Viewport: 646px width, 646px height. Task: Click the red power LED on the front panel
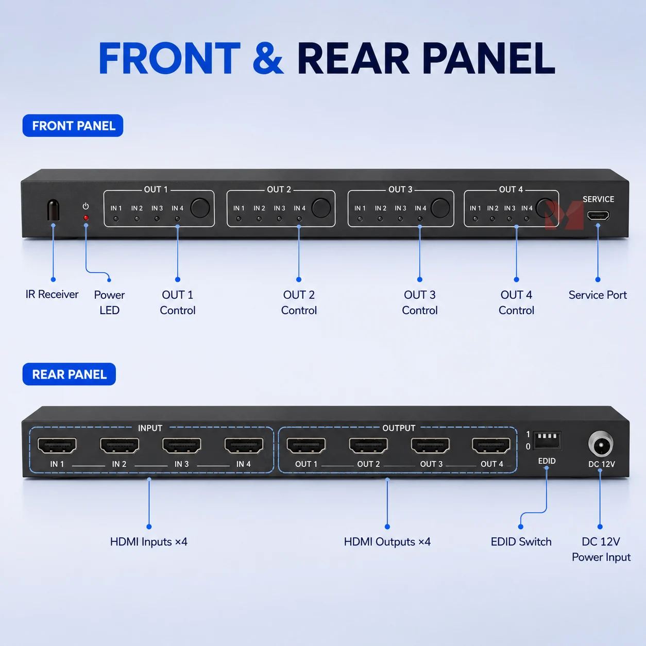86,218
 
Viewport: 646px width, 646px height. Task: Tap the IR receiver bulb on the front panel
53,210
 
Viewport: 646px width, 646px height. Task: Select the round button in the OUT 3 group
440,208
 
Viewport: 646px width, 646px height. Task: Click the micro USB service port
598,215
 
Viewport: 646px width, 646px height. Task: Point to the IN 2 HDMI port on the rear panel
120,446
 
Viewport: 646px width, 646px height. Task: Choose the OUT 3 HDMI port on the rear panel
430,446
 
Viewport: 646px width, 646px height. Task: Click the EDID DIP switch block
547,440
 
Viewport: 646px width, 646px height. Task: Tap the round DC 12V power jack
601,445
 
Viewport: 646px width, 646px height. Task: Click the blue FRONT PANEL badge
73,126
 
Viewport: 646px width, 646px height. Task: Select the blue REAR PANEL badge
69,374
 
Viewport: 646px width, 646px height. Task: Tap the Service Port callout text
598,295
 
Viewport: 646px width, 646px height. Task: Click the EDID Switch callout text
521,542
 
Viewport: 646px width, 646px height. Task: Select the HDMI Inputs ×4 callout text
149,542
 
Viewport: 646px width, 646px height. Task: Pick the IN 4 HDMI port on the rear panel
244,446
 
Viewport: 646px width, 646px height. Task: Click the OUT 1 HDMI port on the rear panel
306,446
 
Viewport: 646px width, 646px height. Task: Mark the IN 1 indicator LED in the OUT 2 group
239,219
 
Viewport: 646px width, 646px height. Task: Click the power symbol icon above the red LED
86,206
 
